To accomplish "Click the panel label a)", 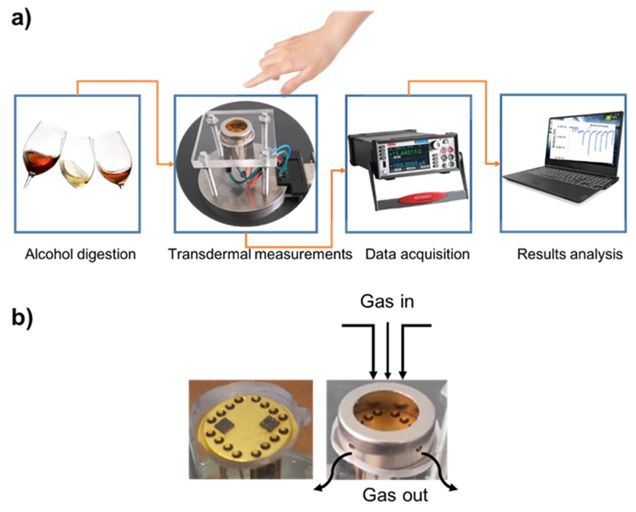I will pos(21,19).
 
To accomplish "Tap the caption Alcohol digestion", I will pos(80,254).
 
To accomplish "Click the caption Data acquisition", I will pos(417,254).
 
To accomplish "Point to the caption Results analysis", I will pos(570,254).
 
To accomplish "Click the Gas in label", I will pos(387,302).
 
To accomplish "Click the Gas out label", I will pos(395,495).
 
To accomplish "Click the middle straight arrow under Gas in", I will pos(388,351).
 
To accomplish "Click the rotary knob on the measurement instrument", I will pos(435,145).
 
